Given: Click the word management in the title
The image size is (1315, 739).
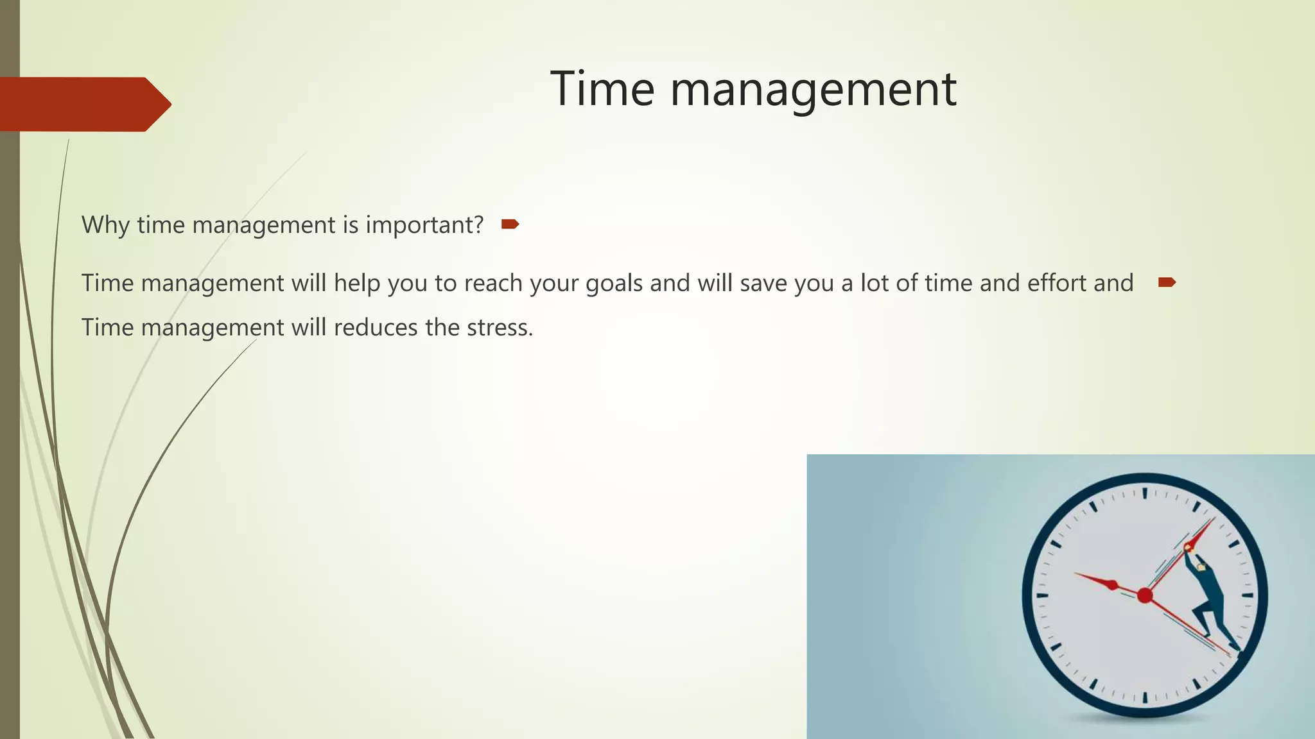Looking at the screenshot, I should [814, 90].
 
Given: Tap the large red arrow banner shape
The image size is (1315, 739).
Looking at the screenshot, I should [83, 104].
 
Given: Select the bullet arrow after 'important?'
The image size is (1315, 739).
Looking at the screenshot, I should [510, 224].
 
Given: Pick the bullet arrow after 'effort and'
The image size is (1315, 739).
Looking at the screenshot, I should [1167, 282].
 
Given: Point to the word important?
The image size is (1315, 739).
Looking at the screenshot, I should [424, 225].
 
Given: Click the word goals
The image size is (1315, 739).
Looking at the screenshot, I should [614, 283].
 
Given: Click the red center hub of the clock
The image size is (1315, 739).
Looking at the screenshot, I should [1145, 596].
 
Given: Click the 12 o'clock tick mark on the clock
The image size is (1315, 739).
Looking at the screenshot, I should [1145, 493].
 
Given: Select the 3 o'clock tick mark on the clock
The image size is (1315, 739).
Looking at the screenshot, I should [1248, 595].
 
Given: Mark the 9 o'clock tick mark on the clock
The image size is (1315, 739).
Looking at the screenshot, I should [1042, 595].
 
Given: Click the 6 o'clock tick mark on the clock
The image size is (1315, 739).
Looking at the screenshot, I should [1145, 697].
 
